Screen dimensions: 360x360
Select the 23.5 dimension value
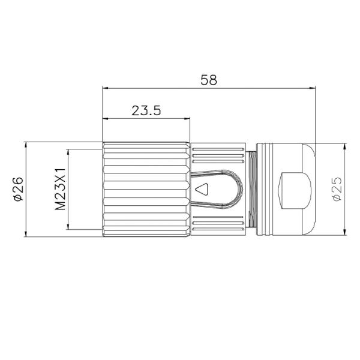[146, 110]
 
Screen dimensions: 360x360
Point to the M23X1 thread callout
[60, 189]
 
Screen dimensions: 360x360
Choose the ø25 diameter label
[337, 189]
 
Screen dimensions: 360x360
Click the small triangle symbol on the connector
[203, 190]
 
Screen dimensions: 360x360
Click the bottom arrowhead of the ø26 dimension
[26, 233]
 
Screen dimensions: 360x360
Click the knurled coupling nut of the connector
[147, 190]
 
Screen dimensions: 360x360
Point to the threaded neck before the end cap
[252, 190]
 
